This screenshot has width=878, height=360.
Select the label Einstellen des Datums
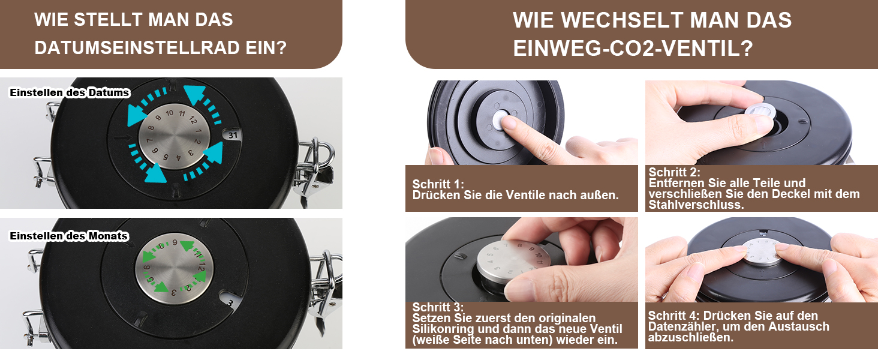pos(70,92)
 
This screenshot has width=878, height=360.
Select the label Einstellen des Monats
pos(69,236)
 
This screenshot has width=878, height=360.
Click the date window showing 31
pos(233,135)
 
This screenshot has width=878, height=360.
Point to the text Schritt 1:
pos(438,184)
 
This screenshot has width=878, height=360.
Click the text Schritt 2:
pos(674,172)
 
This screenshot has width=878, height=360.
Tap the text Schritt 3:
pos(438,307)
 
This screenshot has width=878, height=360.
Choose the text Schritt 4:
pos(673,316)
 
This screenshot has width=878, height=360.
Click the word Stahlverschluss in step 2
pos(696,205)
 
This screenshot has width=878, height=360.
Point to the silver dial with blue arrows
pos(174,137)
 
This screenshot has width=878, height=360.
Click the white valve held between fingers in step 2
pos(760,112)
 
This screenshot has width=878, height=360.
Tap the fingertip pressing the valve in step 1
pos(509,123)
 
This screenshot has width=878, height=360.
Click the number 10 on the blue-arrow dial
pos(169,113)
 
